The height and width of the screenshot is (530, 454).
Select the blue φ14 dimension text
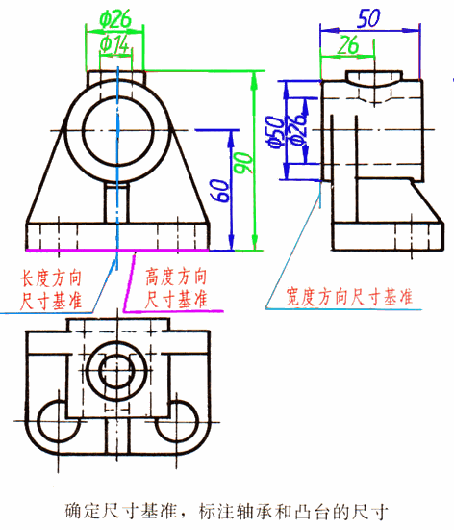pyautogui.click(x=115, y=42)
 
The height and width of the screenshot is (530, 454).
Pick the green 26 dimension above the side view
pyautogui.click(x=348, y=44)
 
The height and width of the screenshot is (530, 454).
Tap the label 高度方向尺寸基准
pyautogui.click(x=177, y=288)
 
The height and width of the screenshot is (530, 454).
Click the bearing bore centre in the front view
pyautogui.click(x=116, y=127)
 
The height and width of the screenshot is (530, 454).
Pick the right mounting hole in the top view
pyautogui.click(x=182, y=421)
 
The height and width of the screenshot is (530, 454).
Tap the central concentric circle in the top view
pyautogui.click(x=116, y=371)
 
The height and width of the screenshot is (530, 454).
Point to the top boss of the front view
pyautogui.click(x=116, y=77)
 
